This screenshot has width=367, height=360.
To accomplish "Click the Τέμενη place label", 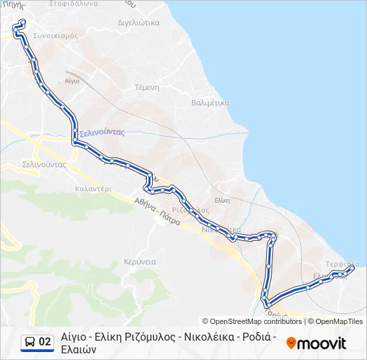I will (146, 87).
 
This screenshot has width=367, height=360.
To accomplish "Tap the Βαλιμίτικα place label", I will (210, 103).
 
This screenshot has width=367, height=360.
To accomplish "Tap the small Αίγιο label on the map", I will (72, 81).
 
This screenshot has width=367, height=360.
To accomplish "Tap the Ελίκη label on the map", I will (222, 200).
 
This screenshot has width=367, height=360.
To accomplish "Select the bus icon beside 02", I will (30, 342).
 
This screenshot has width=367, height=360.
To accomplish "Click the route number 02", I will (45, 342).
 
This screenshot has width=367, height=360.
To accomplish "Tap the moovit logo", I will (316, 343).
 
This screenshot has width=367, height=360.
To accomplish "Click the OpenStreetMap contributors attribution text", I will (252, 321).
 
